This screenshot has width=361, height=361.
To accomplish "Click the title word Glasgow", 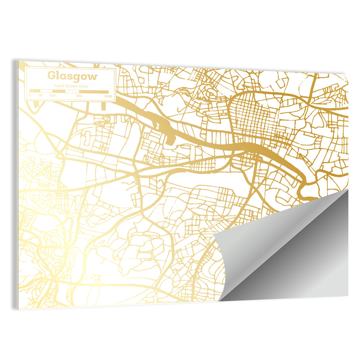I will pyautogui.click(x=72, y=76).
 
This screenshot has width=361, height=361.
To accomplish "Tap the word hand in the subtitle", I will pyautogui.click(x=58, y=86).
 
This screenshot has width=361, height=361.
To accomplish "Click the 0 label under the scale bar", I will pyautogui.click(x=30, y=95).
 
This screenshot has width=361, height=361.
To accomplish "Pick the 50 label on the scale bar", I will pyautogui.click(x=40, y=95).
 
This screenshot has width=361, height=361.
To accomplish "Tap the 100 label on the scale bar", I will pyautogui.click(x=52, y=96).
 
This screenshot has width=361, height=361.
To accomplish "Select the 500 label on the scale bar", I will pyautogui.click(x=79, y=96).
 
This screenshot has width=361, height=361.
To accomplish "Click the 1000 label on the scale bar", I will pyautogui.click(x=108, y=96).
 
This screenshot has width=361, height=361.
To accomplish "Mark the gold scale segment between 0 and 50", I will pyautogui.click(x=35, y=91).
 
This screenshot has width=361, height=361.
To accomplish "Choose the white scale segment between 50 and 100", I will pyautogui.click(x=46, y=91).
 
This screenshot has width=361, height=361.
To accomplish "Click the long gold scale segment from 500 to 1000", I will pyautogui.click(x=94, y=92).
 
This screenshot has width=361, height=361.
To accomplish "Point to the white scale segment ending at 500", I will pyautogui.click(x=72, y=91).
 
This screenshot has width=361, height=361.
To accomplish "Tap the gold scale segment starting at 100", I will pyautogui.click(x=59, y=91).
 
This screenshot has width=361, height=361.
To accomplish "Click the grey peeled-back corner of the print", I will pyautogui.click(x=289, y=253).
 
